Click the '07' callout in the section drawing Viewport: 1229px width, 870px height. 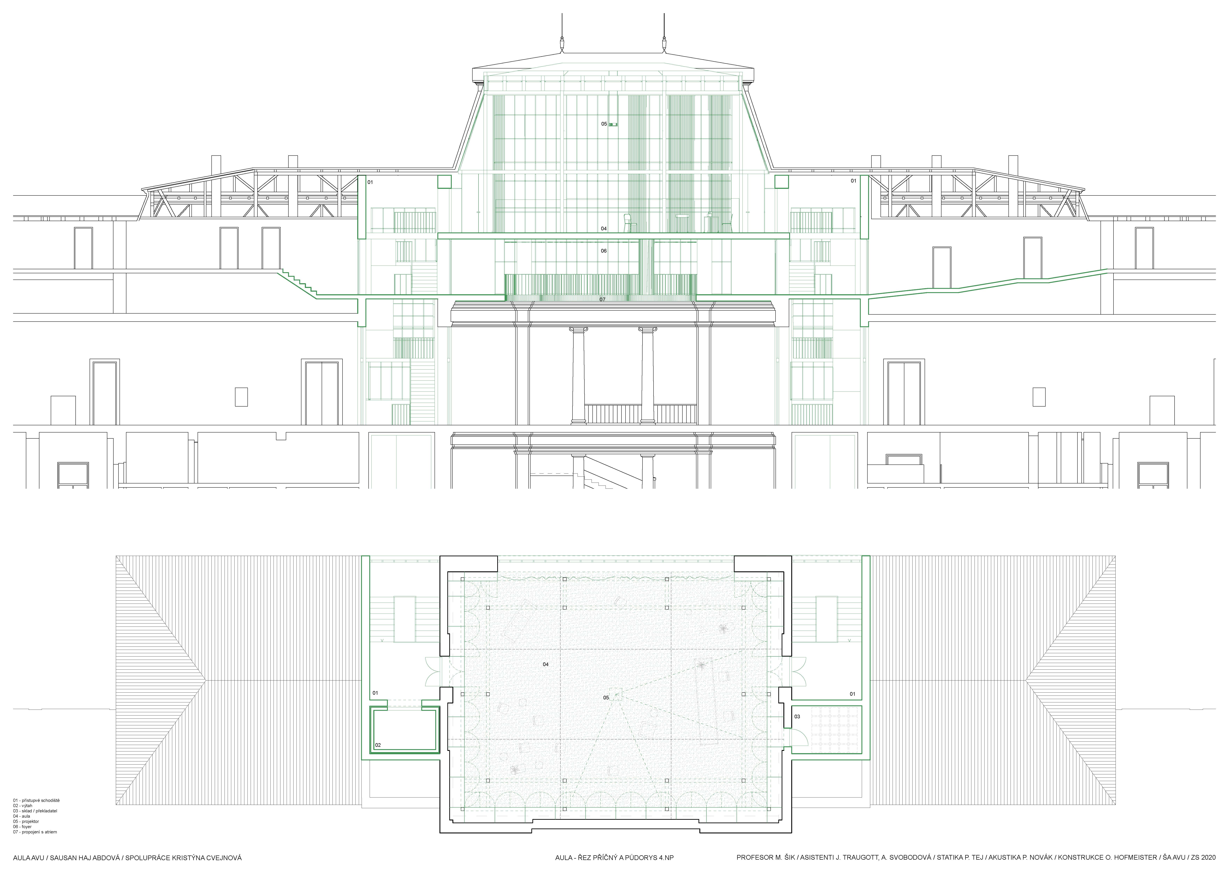point(602,300)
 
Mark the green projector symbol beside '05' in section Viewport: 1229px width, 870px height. point(613,124)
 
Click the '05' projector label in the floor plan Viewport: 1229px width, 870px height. point(606,697)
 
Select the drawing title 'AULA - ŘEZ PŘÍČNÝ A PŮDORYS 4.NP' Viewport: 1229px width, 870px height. point(614,858)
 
